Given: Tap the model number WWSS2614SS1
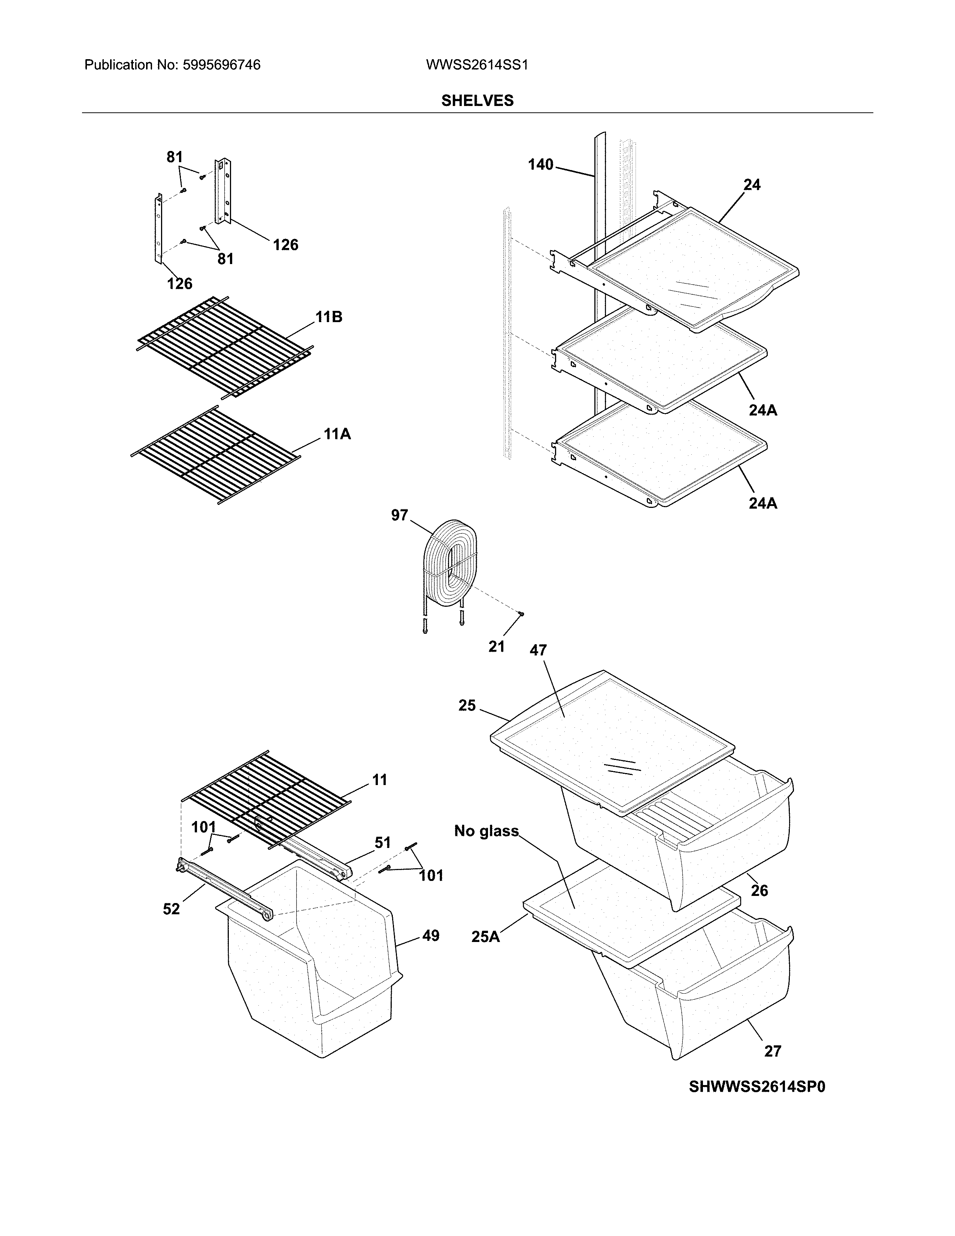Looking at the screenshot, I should [476, 65].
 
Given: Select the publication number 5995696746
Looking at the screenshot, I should [221, 65].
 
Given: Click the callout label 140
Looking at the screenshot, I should [540, 165].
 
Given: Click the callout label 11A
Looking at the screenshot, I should [337, 434].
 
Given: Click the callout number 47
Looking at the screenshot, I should [538, 650].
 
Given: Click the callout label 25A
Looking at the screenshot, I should [485, 937].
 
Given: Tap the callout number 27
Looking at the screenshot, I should [772, 1051].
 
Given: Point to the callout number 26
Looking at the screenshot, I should [759, 891].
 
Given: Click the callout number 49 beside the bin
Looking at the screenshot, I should [431, 936].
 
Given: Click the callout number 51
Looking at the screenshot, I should [382, 843].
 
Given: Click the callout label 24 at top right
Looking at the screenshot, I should [751, 185].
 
